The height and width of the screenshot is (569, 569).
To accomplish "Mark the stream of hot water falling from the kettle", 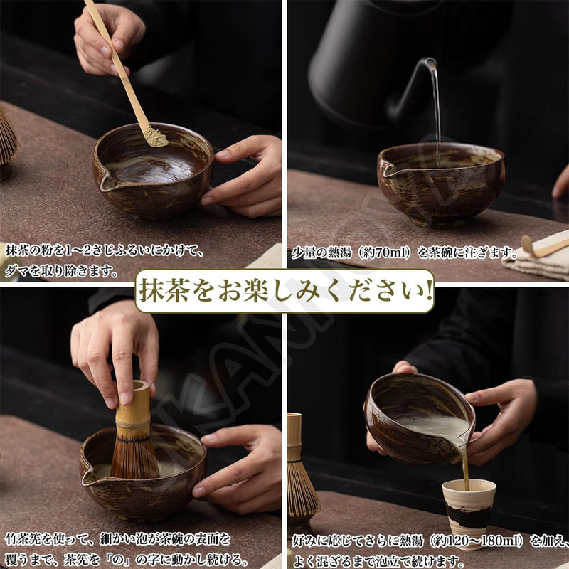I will click(435, 107).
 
